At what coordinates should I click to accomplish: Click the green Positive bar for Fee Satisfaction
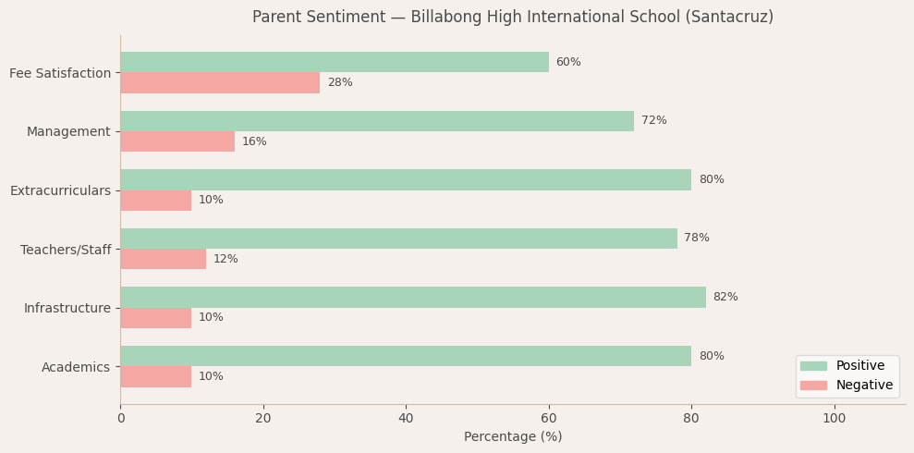coord(334,62)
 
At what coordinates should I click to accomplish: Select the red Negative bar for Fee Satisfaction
coord(220,83)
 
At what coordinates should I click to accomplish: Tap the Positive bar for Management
coord(377,121)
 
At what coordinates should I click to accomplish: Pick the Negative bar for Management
coord(177,141)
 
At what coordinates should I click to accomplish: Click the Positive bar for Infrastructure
coord(412,297)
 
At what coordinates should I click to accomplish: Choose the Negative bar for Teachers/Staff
coord(163,259)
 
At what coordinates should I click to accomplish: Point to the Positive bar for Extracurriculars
coord(406,179)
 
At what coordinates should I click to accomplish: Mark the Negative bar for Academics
coord(155,376)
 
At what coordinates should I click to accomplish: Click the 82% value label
coord(725,298)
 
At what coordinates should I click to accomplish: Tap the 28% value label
coord(340,83)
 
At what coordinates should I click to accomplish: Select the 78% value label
coord(697,239)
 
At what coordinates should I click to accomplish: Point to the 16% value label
coord(254,142)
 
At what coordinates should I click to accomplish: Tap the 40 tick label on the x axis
coord(406,419)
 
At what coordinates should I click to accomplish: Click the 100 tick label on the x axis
coord(834,419)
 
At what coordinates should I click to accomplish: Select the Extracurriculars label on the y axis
coord(60,190)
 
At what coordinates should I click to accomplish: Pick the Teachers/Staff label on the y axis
coord(66,250)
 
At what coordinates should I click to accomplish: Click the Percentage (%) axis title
coord(513,437)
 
